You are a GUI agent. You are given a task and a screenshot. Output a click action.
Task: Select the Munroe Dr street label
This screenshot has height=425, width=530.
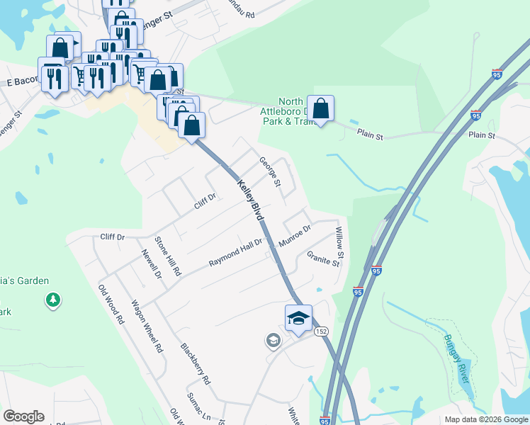pyautogui.click(x=295, y=236)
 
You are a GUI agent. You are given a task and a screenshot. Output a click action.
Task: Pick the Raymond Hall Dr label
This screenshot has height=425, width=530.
pyautogui.click(x=235, y=253)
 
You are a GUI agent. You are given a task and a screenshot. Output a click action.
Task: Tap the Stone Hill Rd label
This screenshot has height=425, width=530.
pyautogui.click(x=169, y=256)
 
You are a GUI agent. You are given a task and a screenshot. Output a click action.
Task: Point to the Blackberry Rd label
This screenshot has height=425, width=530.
pyautogui.click(x=196, y=364)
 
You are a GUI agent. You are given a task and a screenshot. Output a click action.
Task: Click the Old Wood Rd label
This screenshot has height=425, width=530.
pyautogui.click(x=111, y=304)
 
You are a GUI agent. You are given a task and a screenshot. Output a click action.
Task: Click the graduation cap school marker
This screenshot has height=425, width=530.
pyautogui.click(x=298, y=318)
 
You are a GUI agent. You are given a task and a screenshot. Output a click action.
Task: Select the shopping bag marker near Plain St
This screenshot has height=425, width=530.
pyautogui.click(x=320, y=109)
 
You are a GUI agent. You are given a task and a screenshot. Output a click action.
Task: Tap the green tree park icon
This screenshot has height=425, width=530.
pyautogui.click(x=52, y=301)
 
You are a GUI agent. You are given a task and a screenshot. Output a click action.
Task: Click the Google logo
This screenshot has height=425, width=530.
pyautogui.click(x=23, y=416)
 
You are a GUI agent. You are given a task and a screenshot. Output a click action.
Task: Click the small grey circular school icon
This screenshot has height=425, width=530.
pyautogui.click(x=273, y=341)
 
